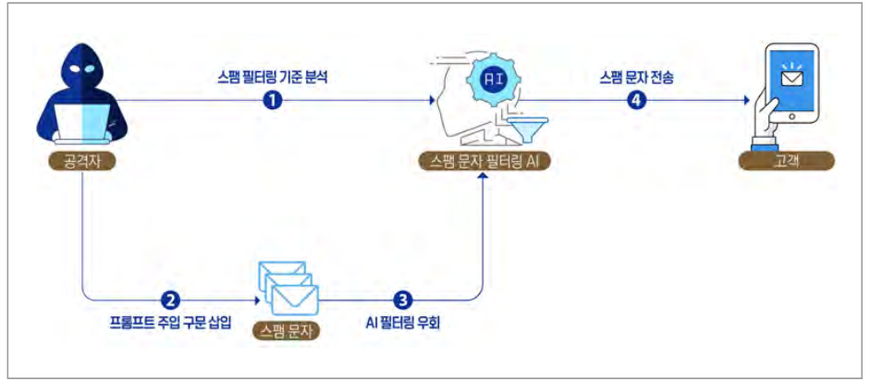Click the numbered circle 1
click(x=273, y=101)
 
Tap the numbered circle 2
click(x=170, y=301)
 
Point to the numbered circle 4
click(x=636, y=101)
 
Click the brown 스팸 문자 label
click(x=287, y=330)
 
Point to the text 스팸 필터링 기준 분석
click(x=273, y=77)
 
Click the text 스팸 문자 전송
click(x=636, y=77)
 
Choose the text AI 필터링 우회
click(x=403, y=323)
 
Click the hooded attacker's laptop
click(x=82, y=124)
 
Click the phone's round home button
click(x=791, y=117)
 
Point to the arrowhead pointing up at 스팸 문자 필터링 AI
click(x=484, y=176)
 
